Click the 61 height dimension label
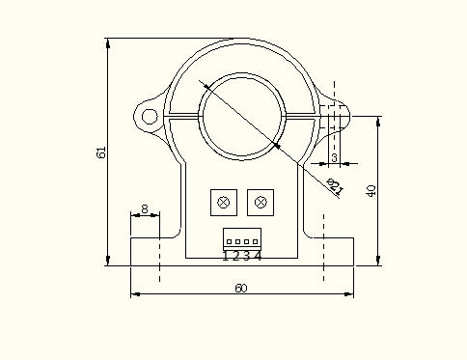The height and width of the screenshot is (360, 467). click(101, 152)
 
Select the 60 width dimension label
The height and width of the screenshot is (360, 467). click(241, 288)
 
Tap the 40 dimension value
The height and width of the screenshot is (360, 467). click(371, 191)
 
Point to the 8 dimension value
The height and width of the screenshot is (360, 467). click(145, 209)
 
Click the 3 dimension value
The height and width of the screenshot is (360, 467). click(334, 157)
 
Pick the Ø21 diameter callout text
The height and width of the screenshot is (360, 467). click(335, 187)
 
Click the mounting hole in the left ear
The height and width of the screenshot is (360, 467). click(150, 117)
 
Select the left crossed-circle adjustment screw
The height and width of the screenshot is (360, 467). click(224, 203)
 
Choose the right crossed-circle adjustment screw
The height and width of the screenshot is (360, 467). click(261, 203)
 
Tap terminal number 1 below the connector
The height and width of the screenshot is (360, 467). click(226, 256)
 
